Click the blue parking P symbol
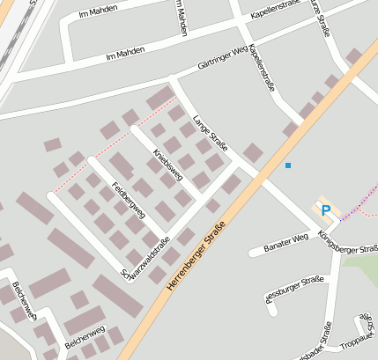pos(326,210)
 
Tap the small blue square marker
pos(287,165)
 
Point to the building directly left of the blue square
pos(253,153)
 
